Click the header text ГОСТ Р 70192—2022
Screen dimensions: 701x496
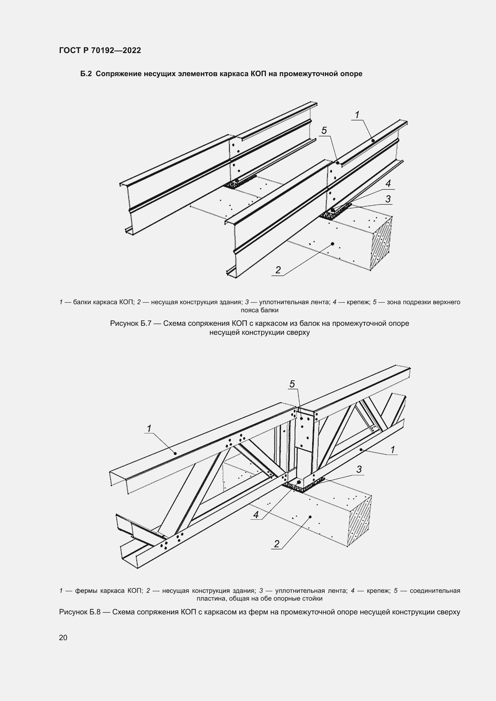coord(100,50)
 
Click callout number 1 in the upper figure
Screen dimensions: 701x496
coord(357,115)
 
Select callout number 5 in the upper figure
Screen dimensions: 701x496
coord(324,131)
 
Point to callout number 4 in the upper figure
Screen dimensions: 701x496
coord(388,183)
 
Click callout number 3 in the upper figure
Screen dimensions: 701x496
coord(388,199)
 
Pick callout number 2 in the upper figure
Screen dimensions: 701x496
coord(278,270)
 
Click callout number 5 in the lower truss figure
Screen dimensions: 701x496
coord(292,384)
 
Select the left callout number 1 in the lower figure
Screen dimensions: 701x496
coord(149,429)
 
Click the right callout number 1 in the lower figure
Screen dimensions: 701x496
coord(393,450)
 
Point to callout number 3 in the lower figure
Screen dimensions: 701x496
coord(359,470)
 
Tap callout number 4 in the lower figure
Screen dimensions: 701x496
coord(256,515)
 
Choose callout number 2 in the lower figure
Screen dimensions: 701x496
coord(277,544)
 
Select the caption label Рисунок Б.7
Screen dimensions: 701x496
coord(131,323)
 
